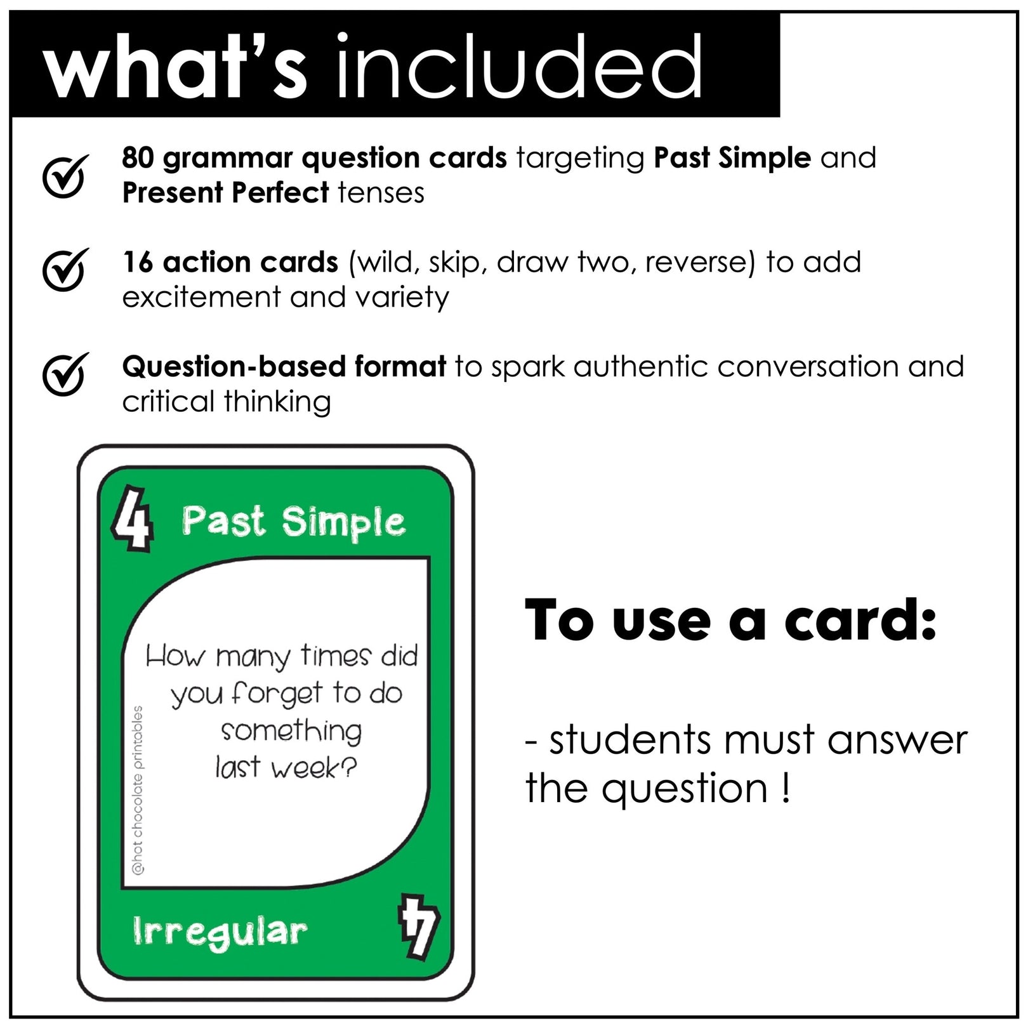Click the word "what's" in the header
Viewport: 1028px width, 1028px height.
coord(175,67)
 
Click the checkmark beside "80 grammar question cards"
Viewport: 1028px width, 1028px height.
coord(64,176)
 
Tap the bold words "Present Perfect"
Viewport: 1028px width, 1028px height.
coord(225,193)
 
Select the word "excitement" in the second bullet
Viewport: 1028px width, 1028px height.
coord(201,297)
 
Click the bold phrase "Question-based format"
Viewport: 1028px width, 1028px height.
coord(284,367)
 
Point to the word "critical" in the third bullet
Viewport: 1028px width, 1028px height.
coord(168,402)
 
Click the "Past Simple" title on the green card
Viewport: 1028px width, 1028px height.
coord(293,522)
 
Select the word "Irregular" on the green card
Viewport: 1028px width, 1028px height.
coord(220,932)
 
